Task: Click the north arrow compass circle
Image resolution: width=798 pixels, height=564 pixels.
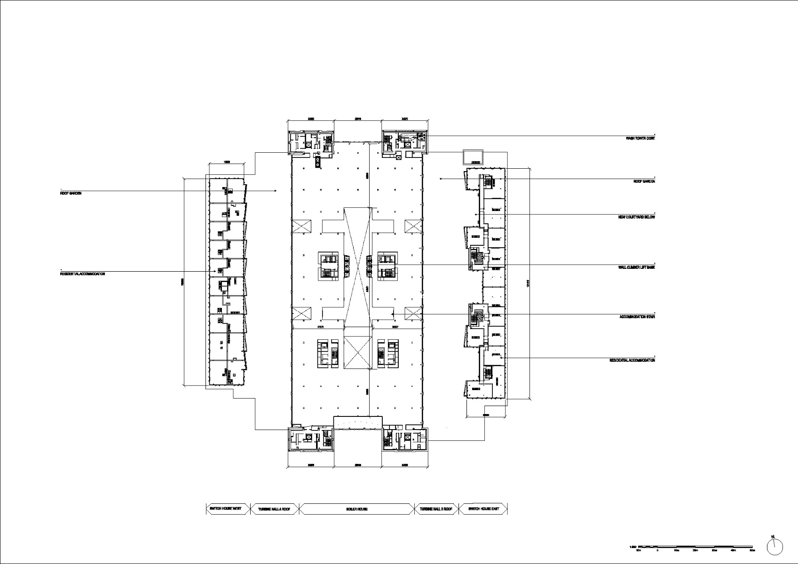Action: pos(775,546)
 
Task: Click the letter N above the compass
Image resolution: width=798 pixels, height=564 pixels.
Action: pos(773,536)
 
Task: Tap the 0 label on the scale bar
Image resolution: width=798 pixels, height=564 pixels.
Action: pos(657,550)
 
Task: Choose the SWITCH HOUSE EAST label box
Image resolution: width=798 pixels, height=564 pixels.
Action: pos(482,509)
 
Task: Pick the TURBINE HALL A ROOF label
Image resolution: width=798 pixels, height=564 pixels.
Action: pos(274,509)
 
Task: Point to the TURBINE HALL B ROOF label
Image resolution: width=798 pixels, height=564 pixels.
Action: pos(436,509)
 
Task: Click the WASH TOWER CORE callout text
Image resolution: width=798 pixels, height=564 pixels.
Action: pos(640,139)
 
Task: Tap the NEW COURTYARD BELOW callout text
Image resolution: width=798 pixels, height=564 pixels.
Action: pos(636,217)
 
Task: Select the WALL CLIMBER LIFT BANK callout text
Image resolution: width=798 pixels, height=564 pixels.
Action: pos(636,267)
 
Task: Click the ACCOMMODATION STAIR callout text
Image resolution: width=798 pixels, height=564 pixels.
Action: pos(637,317)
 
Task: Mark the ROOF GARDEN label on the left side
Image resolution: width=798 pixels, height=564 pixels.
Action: pos(71,193)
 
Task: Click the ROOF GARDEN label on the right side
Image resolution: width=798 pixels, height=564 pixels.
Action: pos(644,181)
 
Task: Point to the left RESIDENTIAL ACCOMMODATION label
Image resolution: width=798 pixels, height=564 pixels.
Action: pos(82,274)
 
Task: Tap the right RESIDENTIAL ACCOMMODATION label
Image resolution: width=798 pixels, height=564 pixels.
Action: pos(632,360)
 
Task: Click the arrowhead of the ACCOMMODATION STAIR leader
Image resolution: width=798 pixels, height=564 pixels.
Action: pos(393,314)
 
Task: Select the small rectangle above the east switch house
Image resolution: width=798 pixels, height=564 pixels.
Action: pos(473,157)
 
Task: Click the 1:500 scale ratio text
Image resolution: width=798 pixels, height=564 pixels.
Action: pos(632,547)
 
